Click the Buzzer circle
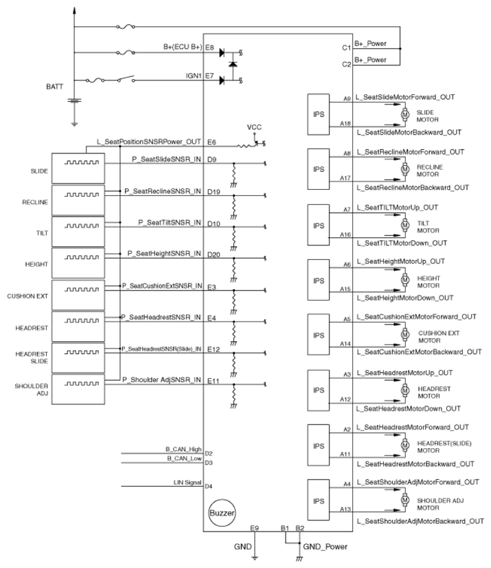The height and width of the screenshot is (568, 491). click(222, 513)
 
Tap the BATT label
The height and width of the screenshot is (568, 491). click(55, 87)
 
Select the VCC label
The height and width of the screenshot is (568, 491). click(254, 127)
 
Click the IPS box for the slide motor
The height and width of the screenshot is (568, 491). click(319, 114)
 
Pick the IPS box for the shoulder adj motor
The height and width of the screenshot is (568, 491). click(319, 501)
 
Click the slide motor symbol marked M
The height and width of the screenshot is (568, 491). click(405, 114)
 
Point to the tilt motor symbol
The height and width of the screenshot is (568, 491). click(405, 226)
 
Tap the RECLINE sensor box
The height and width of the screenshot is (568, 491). click(78, 200)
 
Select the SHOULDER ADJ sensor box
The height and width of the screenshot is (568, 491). click(78, 389)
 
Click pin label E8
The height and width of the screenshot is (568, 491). click(209, 47)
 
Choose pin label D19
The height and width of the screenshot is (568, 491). click(214, 192)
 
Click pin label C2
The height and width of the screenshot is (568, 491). click(347, 65)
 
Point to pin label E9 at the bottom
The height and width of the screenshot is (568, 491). click(254, 528)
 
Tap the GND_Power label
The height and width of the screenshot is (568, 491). click(325, 547)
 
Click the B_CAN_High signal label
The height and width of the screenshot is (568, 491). click(183, 449)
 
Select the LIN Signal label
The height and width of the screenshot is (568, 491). click(187, 483)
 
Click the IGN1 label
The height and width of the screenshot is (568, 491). click(194, 76)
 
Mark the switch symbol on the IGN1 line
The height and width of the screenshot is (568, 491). click(126, 78)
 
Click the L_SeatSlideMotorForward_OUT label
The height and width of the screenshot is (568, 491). click(405, 97)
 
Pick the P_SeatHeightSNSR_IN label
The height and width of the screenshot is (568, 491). click(164, 254)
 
